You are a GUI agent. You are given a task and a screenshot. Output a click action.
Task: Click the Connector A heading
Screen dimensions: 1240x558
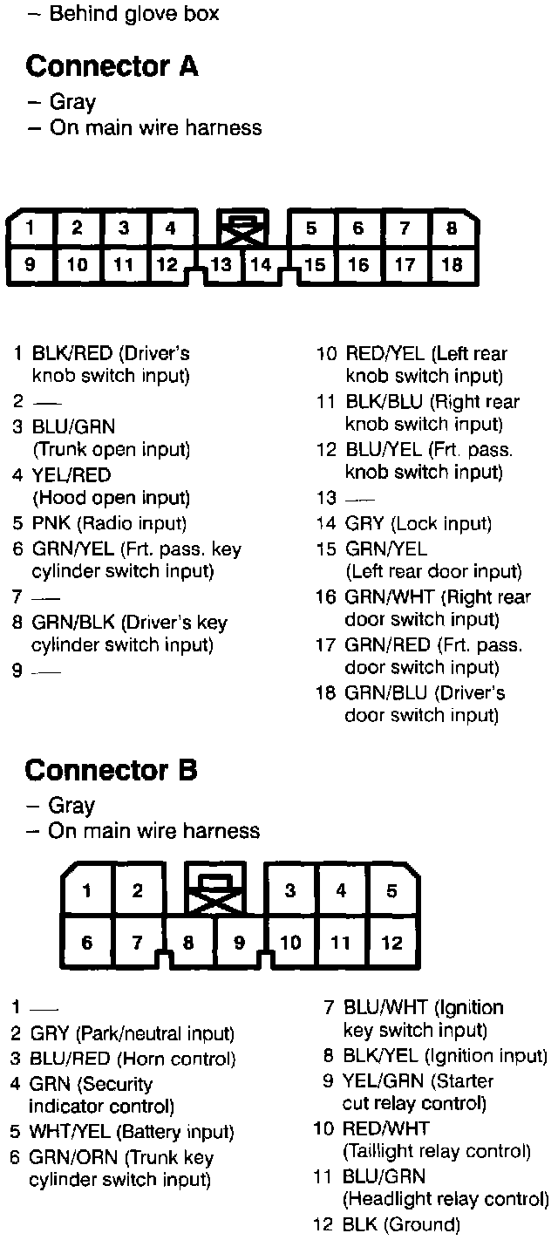112,65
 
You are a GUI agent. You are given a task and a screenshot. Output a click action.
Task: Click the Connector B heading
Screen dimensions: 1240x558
112,770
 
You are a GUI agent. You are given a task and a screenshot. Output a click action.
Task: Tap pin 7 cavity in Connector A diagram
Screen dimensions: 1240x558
405,229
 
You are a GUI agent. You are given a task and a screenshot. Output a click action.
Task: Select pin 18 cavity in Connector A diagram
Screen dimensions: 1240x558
452,265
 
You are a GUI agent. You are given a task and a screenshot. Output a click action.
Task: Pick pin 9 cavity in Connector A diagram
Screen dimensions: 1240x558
31,265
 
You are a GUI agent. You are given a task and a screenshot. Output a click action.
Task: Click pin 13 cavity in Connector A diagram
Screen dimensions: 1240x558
221,265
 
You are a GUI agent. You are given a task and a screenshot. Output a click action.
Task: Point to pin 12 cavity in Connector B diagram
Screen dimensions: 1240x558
391,942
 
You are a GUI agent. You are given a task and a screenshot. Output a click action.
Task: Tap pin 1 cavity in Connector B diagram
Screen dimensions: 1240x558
87,891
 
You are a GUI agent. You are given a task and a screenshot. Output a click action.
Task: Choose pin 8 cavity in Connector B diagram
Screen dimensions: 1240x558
188,943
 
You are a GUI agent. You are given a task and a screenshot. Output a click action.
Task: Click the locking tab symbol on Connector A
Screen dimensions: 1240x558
243,228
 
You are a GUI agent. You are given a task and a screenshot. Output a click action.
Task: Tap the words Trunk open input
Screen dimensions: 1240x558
111,450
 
